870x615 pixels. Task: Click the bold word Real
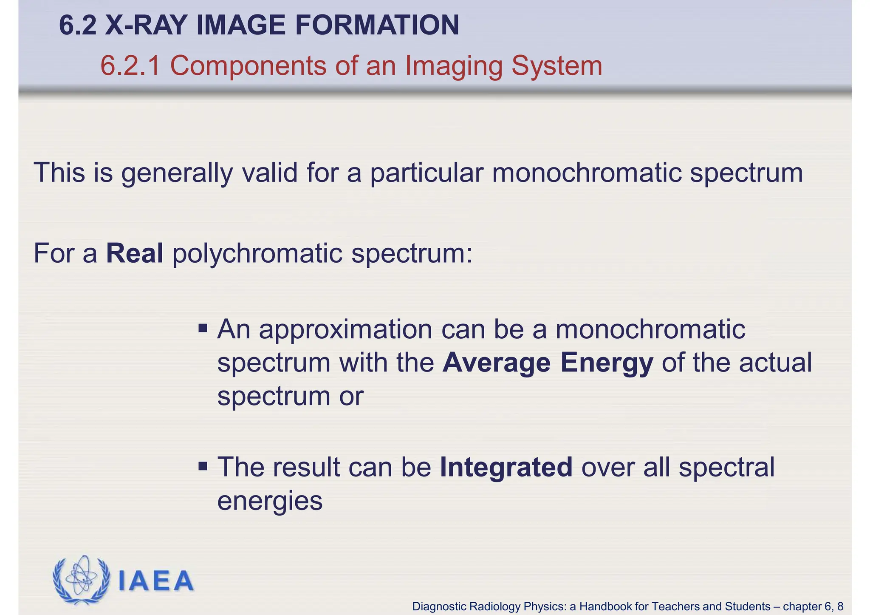(x=135, y=253)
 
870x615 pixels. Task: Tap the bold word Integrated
(x=506, y=468)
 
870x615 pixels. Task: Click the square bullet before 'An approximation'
(x=203, y=328)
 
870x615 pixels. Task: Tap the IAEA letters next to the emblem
(x=156, y=581)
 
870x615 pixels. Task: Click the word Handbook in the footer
(x=605, y=606)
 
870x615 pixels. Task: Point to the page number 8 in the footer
(x=840, y=606)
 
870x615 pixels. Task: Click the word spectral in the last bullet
(x=726, y=468)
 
